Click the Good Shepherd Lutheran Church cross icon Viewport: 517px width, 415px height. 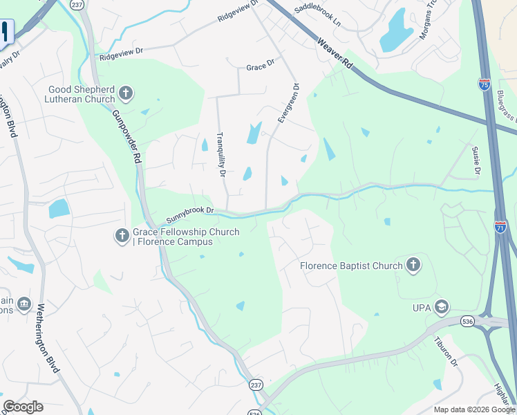(x=125, y=93)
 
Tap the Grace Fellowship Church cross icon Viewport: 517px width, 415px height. (x=122, y=236)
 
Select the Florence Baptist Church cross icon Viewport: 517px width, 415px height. (x=413, y=265)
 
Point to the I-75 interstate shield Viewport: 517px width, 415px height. (x=484, y=84)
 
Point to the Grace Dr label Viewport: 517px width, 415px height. (x=261, y=67)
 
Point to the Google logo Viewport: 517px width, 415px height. (x=23, y=407)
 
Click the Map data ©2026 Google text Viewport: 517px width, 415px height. (x=473, y=409)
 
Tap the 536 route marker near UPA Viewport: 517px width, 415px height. (x=468, y=322)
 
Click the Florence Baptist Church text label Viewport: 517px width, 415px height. (x=351, y=266)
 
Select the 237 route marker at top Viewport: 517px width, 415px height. (x=76, y=4)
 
